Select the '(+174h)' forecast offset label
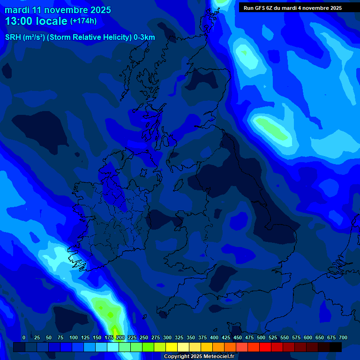click(83, 21)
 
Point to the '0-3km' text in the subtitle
click(144, 37)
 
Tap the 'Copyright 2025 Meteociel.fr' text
click(199, 356)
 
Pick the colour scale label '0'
click(24, 337)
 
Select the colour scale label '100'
click(74, 337)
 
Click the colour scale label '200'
click(120, 337)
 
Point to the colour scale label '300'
click(167, 337)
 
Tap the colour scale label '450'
click(238, 337)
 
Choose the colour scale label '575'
click(296, 337)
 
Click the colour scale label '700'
click(343, 337)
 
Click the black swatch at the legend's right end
click(336, 347)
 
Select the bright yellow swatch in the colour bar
click(172, 347)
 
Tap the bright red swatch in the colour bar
click(265, 347)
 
